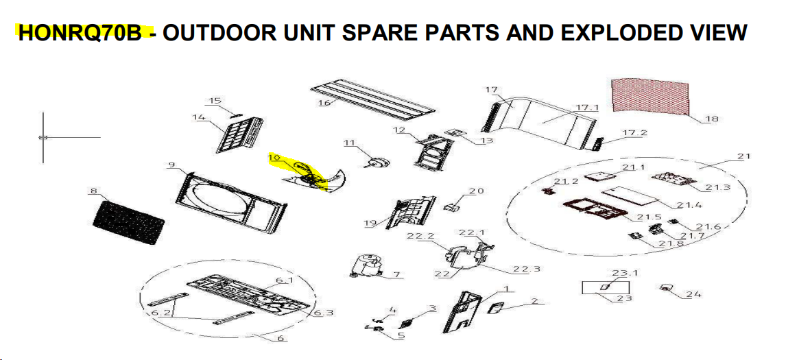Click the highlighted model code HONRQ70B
point(80,32)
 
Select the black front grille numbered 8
point(128,223)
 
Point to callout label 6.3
point(323,312)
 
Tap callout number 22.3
point(527,268)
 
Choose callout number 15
point(215,100)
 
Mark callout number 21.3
point(718,187)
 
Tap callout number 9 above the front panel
point(171,165)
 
